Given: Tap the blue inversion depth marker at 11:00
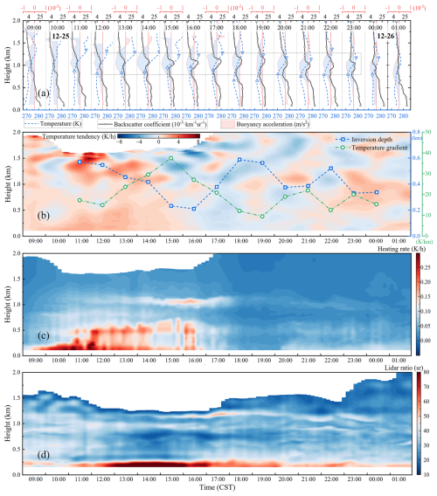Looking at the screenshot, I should (80, 162).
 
